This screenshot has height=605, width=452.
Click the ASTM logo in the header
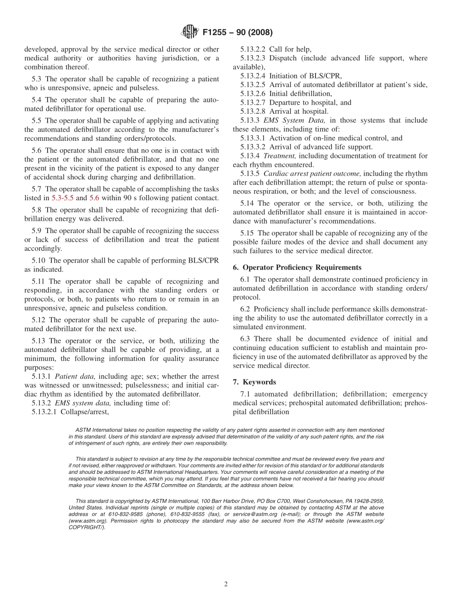190,32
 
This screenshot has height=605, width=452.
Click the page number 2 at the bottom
226,584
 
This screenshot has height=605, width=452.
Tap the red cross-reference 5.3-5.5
62,198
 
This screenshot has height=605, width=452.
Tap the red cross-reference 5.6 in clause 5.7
95,198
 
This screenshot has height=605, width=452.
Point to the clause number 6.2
246,310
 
